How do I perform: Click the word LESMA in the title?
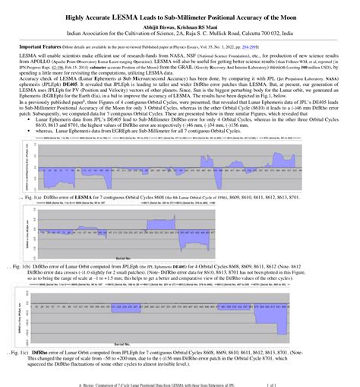[134, 15]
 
